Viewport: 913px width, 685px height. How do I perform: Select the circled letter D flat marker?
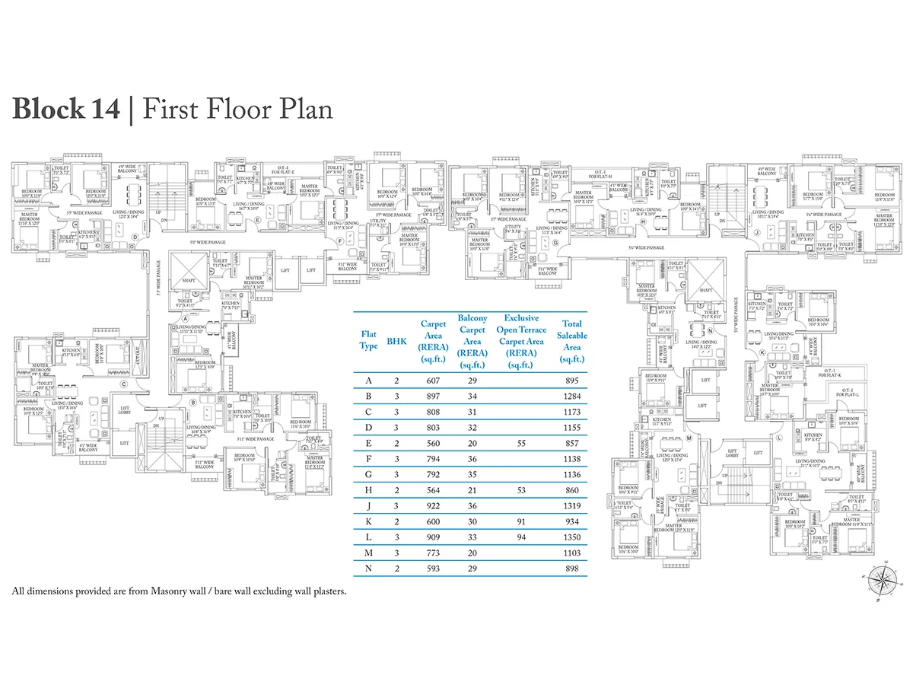coord(135,236)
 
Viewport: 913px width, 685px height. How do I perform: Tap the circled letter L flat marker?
coord(779,438)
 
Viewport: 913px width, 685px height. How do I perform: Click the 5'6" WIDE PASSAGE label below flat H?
coord(646,247)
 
